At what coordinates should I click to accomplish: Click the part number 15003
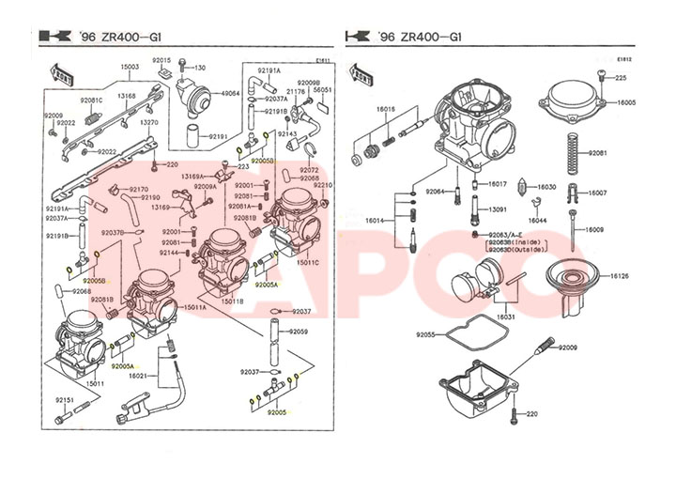[130, 67]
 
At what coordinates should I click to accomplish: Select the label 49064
[230, 94]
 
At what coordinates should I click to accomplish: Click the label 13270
[148, 122]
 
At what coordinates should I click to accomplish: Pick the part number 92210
[323, 185]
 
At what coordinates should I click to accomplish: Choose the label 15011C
[309, 263]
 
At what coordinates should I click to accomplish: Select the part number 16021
[138, 376]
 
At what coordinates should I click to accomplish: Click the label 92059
[299, 332]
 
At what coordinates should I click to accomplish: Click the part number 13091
[497, 209]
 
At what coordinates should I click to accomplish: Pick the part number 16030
[546, 187]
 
